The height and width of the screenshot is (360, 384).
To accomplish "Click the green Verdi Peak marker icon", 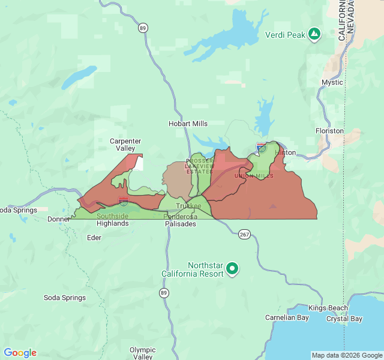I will (314, 34).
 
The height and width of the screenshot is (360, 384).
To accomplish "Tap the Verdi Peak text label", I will (285, 35).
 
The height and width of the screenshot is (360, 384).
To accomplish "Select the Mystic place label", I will (332, 82).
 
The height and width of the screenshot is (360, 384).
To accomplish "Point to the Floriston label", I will (329, 131).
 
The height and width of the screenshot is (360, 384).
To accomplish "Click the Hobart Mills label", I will (188, 124).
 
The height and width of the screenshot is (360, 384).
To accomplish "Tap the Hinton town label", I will (285, 152).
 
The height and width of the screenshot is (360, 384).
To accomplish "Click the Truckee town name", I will (188, 206).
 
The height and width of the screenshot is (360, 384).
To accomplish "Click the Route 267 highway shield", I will (244, 233).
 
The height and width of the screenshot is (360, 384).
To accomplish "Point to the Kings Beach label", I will (328, 308).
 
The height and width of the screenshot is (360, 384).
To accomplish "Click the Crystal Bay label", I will (344, 319).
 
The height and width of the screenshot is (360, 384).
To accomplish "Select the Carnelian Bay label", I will (287, 318).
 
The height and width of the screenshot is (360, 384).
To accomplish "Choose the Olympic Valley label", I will (142, 353).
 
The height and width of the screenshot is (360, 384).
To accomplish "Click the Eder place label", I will (94, 238).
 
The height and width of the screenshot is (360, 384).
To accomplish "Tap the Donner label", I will (59, 219).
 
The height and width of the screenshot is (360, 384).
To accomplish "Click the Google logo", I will (20, 353).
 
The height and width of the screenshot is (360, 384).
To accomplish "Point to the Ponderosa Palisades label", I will (180, 220).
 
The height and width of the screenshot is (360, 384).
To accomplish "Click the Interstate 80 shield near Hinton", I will (261, 146).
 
